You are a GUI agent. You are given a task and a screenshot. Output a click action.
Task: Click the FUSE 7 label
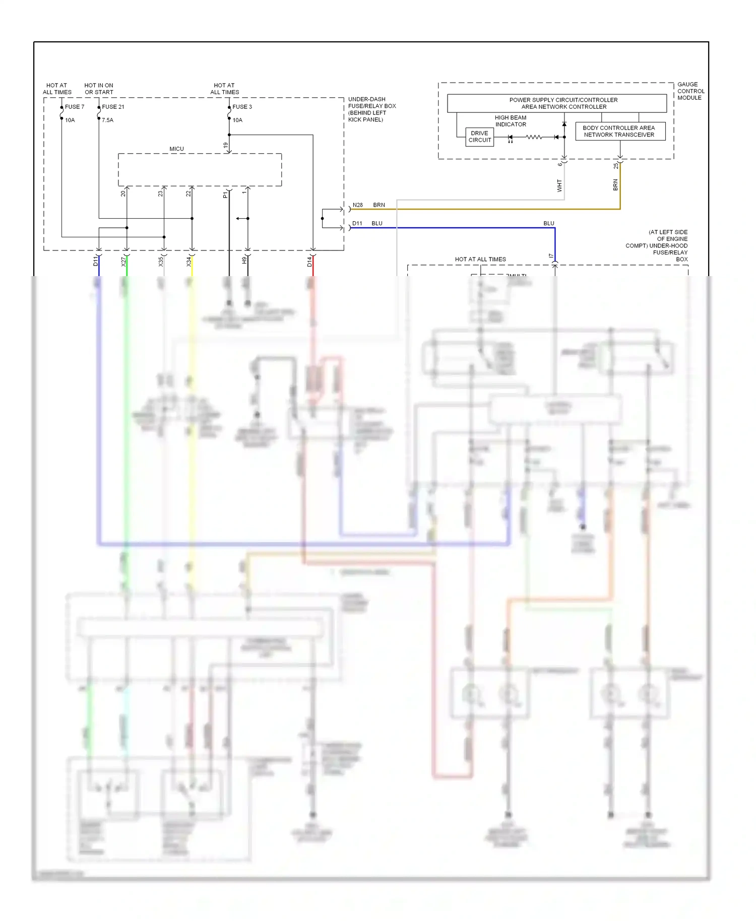tap(75, 107)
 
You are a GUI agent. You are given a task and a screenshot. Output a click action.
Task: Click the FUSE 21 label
tap(113, 107)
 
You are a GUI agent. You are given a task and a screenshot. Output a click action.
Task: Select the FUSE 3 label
tap(242, 107)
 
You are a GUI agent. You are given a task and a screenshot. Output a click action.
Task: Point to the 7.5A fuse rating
tap(107, 120)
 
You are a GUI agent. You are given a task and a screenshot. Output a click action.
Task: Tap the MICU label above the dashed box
tap(176, 149)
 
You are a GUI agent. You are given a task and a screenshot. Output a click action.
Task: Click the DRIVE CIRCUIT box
tap(479, 137)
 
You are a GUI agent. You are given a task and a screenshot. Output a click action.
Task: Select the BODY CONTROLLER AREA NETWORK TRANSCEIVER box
tap(620, 131)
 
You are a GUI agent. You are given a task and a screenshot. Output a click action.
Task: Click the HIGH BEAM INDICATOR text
tap(511, 121)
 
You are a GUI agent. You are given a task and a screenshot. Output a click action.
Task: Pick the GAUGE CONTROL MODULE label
tap(690, 91)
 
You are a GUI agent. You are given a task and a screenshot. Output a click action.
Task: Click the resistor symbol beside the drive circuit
tap(534, 137)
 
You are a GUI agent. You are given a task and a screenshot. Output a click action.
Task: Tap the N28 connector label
tap(358, 205)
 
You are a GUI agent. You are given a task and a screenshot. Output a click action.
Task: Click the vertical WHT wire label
tap(559, 185)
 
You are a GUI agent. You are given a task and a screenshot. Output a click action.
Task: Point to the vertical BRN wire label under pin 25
tap(615, 185)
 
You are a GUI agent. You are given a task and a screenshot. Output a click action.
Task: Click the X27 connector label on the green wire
tap(123, 261)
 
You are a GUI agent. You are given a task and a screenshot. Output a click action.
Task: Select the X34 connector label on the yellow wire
tap(189, 261)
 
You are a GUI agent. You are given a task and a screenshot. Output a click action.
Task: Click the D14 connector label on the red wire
tap(310, 261)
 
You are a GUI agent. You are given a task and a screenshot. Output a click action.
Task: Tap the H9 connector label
tap(244, 260)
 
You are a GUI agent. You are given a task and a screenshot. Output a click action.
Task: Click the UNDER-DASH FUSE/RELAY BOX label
tap(371, 109)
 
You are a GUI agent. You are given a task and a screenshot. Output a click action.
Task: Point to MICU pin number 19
tap(226, 145)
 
